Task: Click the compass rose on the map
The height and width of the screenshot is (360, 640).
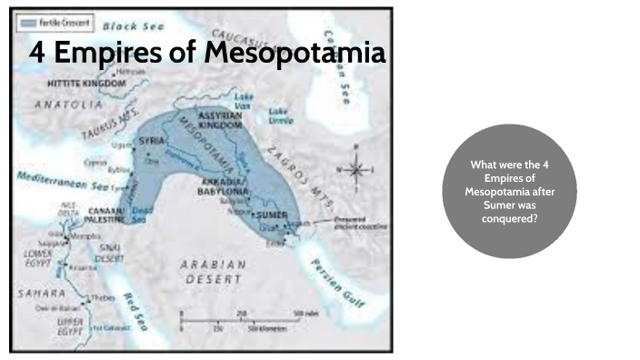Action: (359, 169)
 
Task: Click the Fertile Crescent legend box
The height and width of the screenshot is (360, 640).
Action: (54, 20)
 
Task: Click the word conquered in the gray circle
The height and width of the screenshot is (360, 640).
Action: (509, 218)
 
